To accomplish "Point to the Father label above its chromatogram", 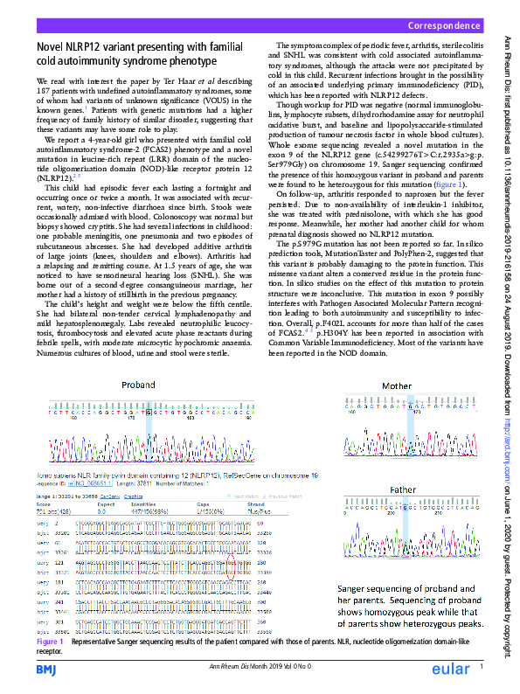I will [x=403, y=489].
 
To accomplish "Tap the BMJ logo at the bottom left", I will [x=46, y=669].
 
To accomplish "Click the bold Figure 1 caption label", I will [x=50, y=642].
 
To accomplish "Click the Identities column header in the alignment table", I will [x=142, y=504].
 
